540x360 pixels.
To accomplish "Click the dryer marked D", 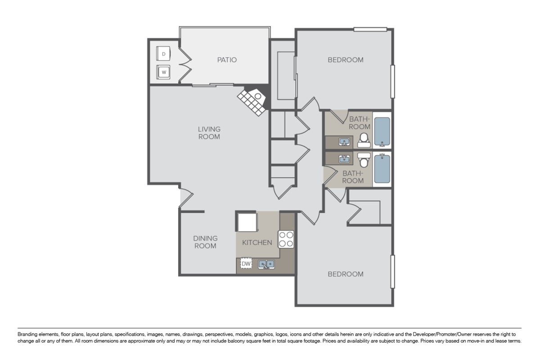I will click(x=163, y=54).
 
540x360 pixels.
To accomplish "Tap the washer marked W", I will click(x=163, y=71).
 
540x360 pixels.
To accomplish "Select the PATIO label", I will click(x=227, y=60).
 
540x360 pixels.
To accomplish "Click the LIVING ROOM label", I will click(x=209, y=133).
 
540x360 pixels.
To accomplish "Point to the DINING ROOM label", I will click(x=205, y=242).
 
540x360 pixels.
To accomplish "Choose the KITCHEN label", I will click(x=257, y=243).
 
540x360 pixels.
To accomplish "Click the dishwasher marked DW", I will click(x=246, y=263).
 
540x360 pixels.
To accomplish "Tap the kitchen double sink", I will click(x=266, y=264).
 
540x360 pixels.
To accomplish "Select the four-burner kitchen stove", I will click(x=286, y=239).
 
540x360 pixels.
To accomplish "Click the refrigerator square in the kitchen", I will click(x=247, y=222).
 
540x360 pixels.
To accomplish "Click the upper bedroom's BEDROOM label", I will click(x=345, y=60).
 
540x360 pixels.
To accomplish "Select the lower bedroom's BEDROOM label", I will click(x=345, y=274).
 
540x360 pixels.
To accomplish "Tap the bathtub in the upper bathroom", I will click(x=382, y=132).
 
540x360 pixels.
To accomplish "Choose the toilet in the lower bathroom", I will click(x=364, y=159).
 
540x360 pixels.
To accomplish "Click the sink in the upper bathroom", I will click(x=345, y=142).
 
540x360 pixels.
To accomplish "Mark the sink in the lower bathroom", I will click(x=345, y=159).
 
